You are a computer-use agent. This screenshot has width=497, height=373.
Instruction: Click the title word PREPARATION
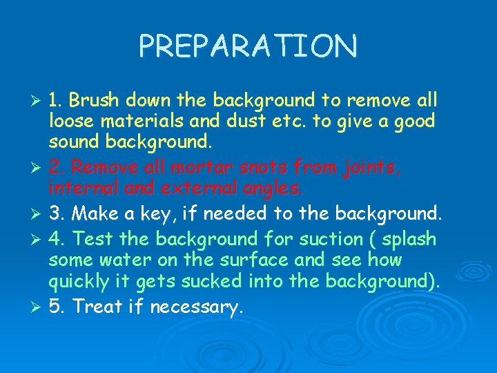tap(248, 46)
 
